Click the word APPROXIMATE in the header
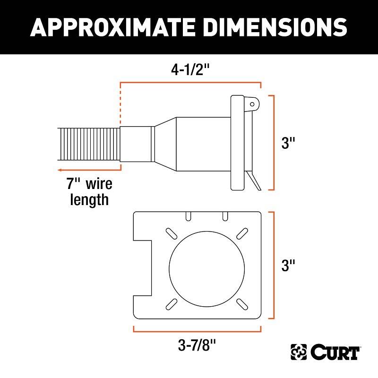(112, 27)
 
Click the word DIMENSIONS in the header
(275, 27)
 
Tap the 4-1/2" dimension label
(190, 70)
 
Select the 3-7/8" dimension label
(197, 345)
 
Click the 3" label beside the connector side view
(288, 143)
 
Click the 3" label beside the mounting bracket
(288, 265)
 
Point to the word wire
(99, 184)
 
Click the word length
(89, 200)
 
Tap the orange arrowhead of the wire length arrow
(60, 170)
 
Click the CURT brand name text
(335, 352)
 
